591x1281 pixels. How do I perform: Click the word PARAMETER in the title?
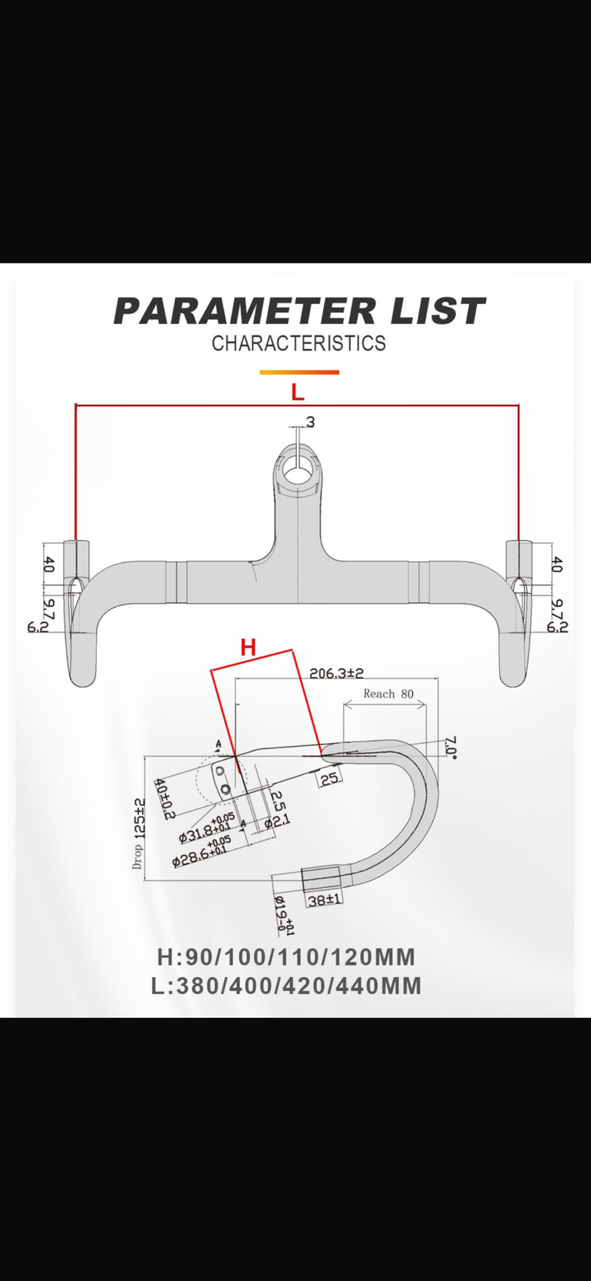245,311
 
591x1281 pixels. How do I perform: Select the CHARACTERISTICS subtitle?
299,343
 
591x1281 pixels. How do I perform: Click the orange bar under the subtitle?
299,372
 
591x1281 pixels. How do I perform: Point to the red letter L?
298,392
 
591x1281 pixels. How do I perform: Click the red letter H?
248,647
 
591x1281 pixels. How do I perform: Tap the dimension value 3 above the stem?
311,422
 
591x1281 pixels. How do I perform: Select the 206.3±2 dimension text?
336,673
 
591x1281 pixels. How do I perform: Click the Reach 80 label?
388,694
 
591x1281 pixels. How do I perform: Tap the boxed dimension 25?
329,778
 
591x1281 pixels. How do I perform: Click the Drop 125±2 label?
138,834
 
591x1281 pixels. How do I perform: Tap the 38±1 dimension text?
325,900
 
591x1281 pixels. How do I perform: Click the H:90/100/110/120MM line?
286,957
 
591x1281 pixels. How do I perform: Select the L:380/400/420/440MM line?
286,986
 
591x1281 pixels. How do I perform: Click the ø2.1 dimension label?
278,822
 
